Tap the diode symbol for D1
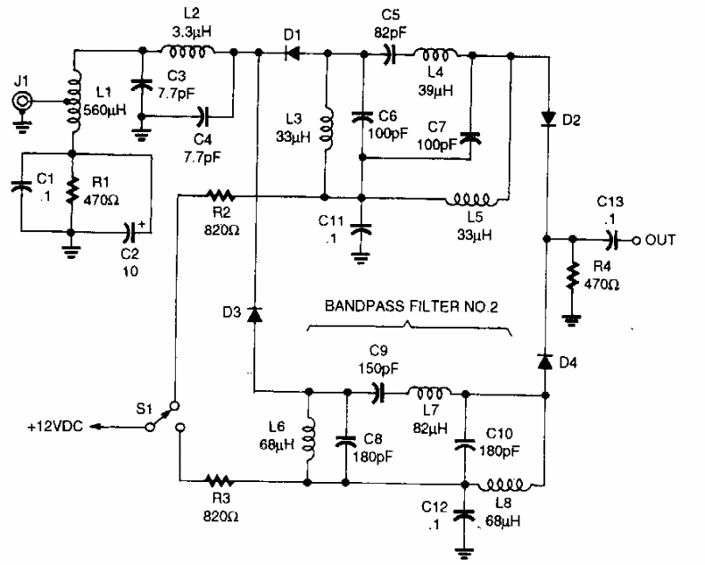point(291,54)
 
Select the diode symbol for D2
point(545,119)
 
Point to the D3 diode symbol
point(256,313)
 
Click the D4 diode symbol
point(544,360)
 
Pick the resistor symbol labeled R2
point(218,194)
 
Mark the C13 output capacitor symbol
point(612,239)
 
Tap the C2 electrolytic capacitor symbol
point(131,231)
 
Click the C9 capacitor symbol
point(377,391)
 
